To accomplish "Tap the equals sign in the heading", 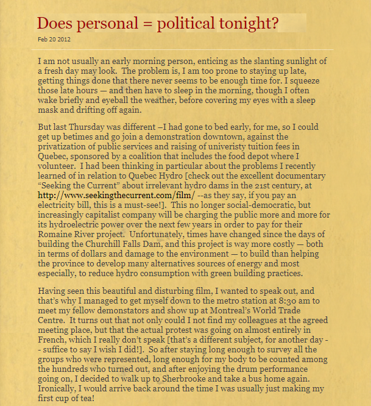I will [x=148, y=24].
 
